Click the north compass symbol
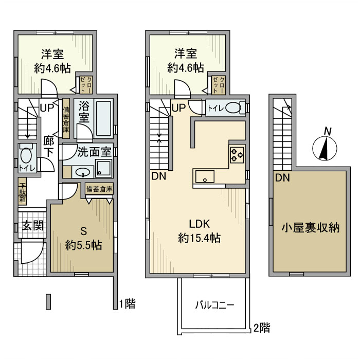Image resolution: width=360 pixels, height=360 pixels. coord(326,147)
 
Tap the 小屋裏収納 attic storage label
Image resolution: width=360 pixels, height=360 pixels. coord(310,227)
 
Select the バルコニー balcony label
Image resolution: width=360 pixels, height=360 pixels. coord(214,304)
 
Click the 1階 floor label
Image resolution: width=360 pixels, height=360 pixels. coord(128,303)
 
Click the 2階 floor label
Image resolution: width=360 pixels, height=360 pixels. coord(262,327)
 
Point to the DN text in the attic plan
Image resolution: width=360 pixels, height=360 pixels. coord(281,179)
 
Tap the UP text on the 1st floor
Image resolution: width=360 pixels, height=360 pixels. coord(46,109)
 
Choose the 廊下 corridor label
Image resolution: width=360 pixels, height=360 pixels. coord(49,146)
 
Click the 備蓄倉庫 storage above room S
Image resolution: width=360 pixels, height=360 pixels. coord(99,189)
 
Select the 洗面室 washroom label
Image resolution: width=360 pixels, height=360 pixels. coord(94,152)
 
